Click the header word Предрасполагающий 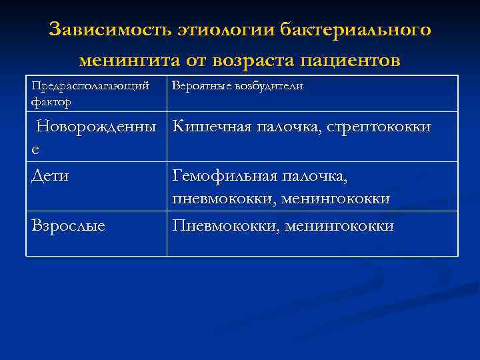tap(89, 87)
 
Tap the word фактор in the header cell tap(51, 102)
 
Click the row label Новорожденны tap(97, 126)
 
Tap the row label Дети tap(51, 176)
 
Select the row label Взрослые tap(68, 226)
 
